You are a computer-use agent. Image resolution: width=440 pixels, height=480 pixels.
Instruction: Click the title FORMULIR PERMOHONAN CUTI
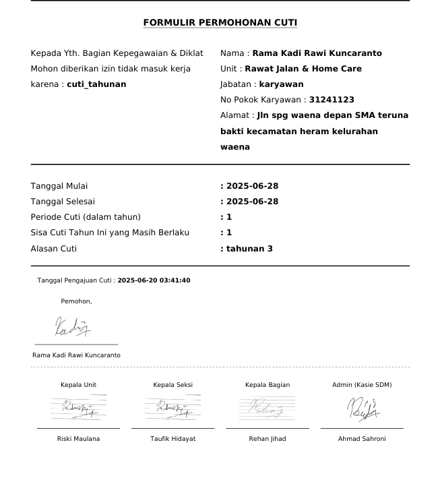coord(220,23)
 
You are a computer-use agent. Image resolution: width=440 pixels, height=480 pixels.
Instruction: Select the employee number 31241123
coord(332,100)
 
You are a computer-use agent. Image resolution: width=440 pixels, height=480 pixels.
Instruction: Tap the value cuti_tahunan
coord(96,84)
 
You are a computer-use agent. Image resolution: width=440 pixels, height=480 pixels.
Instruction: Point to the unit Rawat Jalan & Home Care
coord(303,69)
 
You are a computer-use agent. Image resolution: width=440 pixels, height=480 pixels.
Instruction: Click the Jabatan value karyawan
coord(281,84)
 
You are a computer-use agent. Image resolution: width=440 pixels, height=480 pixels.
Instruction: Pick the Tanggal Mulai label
coord(59,186)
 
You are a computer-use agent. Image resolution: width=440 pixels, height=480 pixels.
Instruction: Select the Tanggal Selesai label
coord(63,202)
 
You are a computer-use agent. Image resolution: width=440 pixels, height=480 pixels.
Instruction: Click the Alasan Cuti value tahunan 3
coord(249,249)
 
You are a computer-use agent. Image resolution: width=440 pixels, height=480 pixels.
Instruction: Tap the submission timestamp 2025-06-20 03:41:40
coord(154,280)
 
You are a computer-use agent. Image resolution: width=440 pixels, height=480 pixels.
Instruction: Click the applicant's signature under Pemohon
coord(73,328)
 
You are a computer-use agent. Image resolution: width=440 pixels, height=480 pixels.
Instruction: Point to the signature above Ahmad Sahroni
coord(363,409)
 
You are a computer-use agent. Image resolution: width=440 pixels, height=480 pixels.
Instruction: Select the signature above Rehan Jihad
coord(268,408)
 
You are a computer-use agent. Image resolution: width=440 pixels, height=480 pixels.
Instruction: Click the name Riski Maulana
coord(78,439)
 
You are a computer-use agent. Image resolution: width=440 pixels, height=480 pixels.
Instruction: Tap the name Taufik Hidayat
coord(172,439)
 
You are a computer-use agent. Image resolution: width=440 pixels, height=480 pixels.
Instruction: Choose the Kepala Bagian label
coord(268,385)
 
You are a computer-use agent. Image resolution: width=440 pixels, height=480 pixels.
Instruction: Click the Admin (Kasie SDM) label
coord(362,385)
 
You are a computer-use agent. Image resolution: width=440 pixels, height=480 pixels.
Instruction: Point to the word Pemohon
coord(76,301)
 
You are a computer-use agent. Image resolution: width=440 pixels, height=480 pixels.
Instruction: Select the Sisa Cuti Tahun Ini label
coord(110,233)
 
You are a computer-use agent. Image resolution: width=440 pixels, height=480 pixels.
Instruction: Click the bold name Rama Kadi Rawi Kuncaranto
coord(317,53)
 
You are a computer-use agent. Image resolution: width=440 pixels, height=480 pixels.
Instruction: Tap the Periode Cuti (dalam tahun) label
coord(86,217)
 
